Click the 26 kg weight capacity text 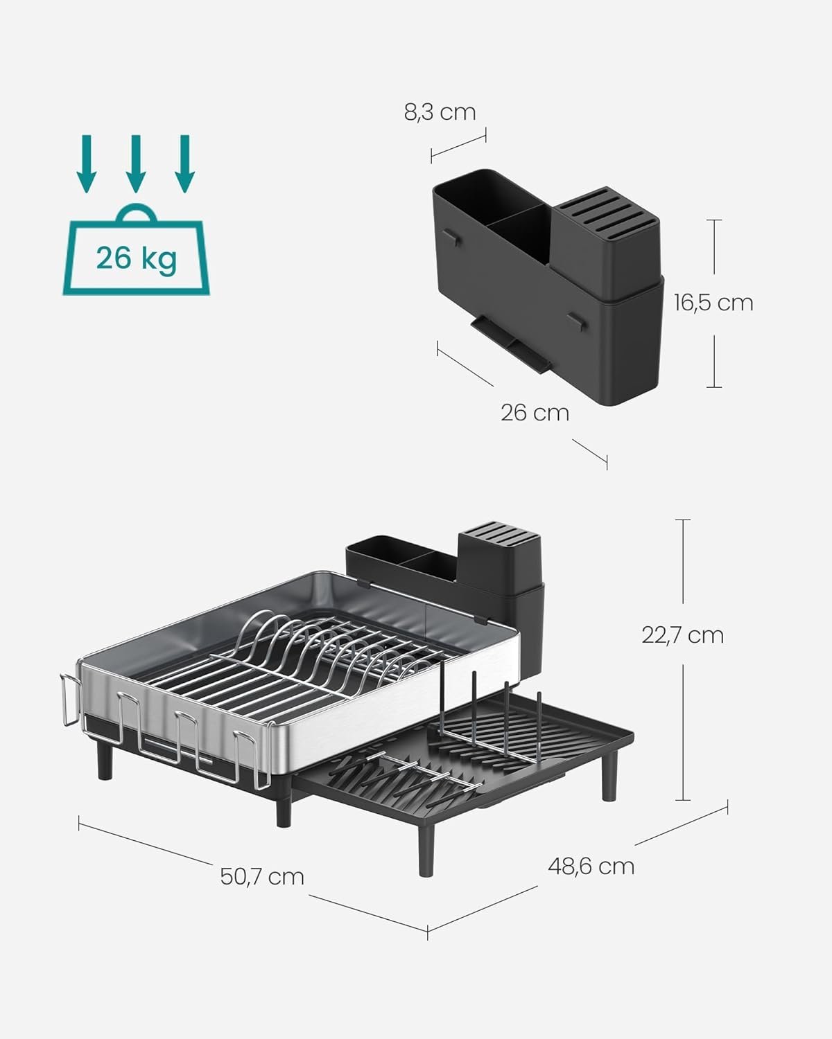[x=137, y=258]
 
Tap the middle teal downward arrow [x=135, y=161]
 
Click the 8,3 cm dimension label [x=440, y=112]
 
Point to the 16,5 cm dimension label [x=713, y=303]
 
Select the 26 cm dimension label [x=535, y=413]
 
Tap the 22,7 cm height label [x=682, y=634]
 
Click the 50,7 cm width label [x=262, y=876]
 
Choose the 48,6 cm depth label [x=591, y=866]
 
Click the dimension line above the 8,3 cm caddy [x=458, y=143]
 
